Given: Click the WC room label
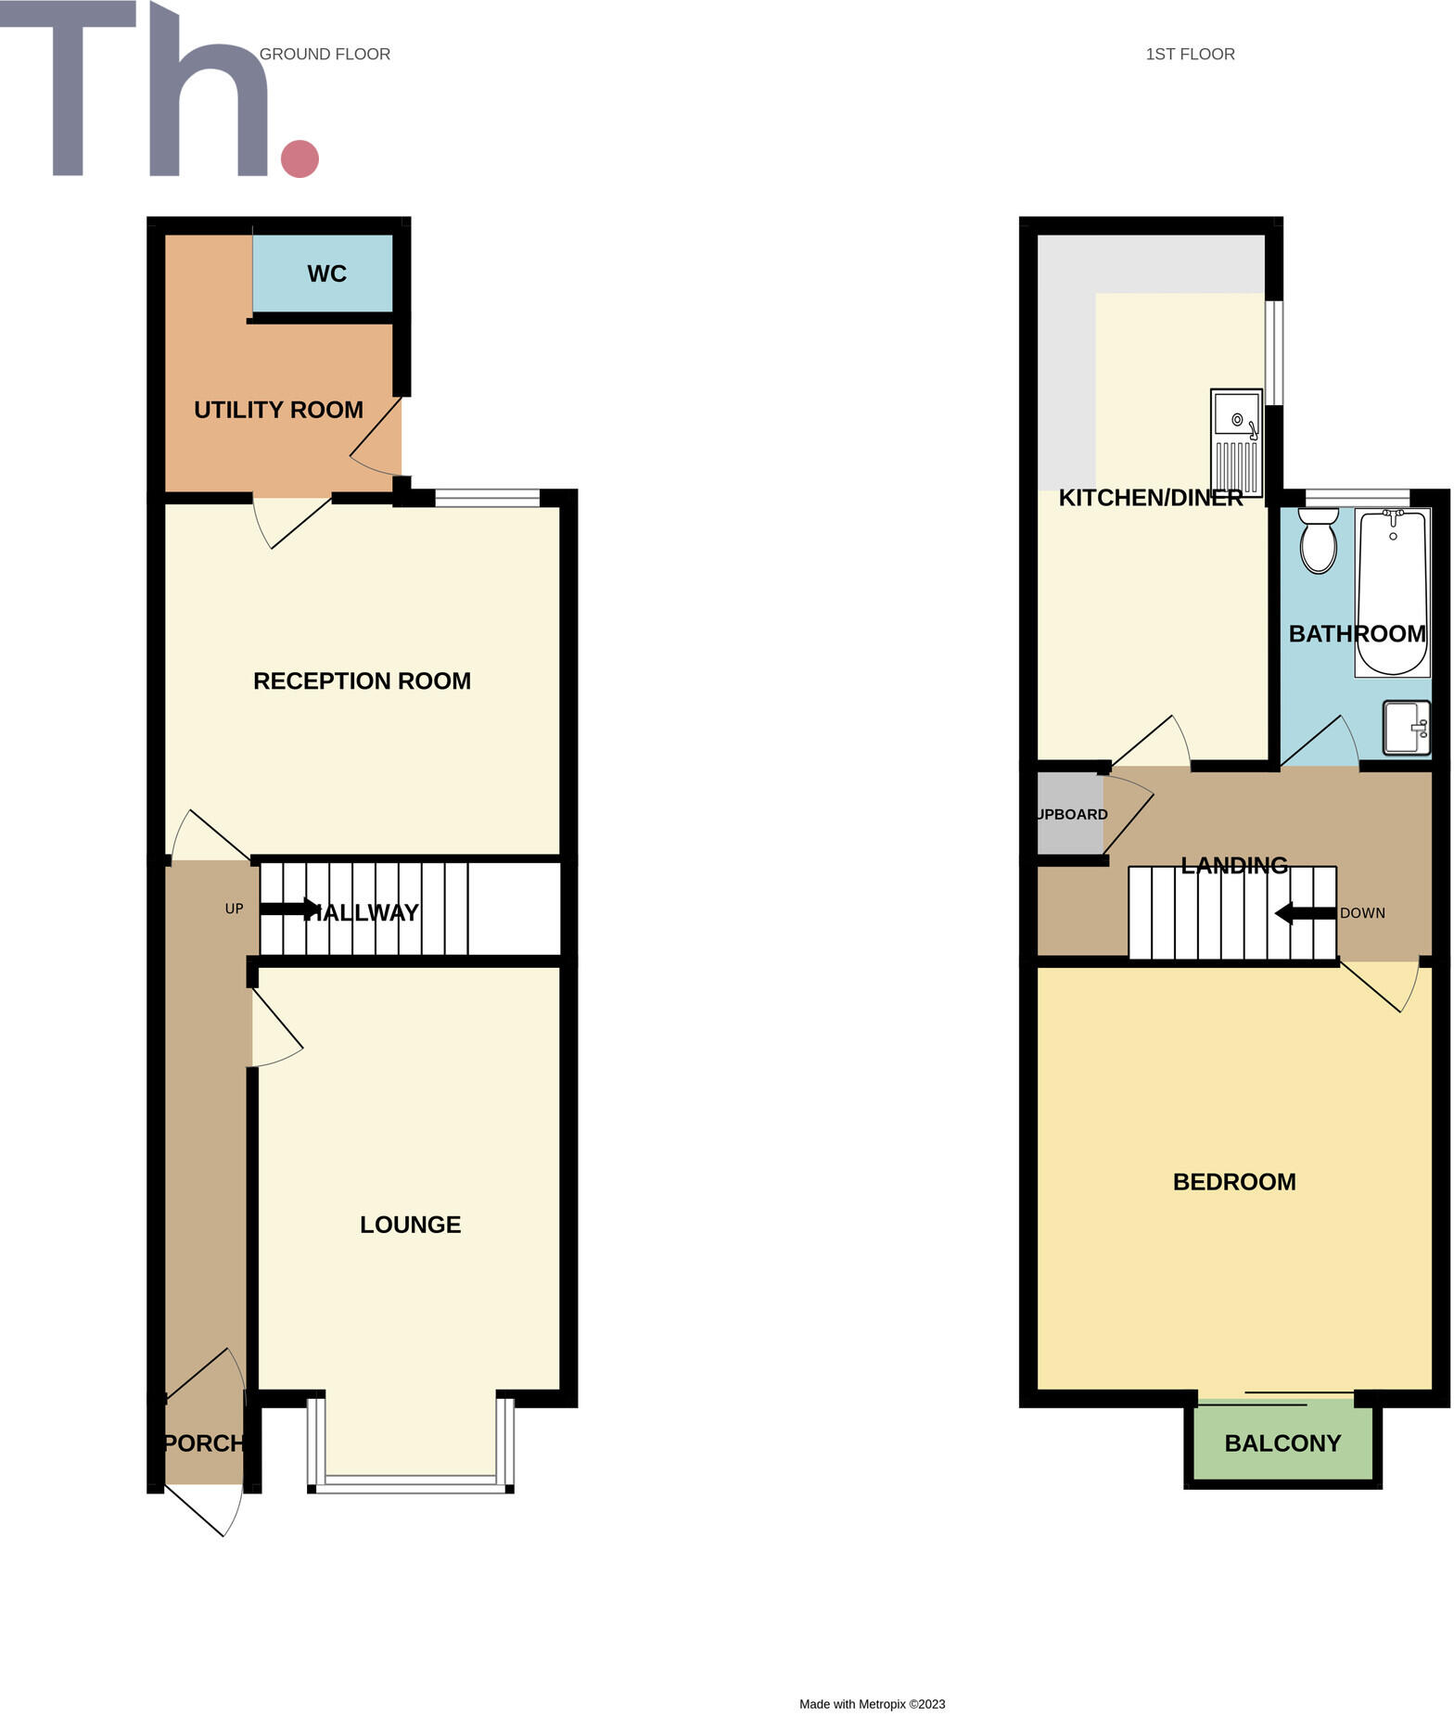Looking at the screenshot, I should pos(326,273).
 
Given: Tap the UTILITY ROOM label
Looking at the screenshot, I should pos(278,410).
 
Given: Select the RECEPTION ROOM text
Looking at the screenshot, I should pos(362,681).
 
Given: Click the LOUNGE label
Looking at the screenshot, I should pos(410,1225).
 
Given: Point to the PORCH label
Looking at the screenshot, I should pos(204,1443).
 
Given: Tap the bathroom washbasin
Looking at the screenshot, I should pos(1406,728).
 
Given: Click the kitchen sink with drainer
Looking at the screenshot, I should pos(1236,443).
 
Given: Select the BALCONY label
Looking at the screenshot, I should pos(1282,1443).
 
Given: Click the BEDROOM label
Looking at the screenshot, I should pos(1234,1182).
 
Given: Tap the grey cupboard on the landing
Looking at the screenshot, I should pos(1070,814).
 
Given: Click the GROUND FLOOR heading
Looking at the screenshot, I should pos(325,55).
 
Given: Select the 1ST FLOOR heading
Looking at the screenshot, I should pos(1190,55).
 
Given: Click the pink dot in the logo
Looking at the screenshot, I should pos(300,159).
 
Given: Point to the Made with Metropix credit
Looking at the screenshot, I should pos(872,1704).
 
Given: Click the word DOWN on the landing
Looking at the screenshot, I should pos(1362,913).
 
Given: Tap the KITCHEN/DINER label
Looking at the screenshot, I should pos(1150,498).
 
